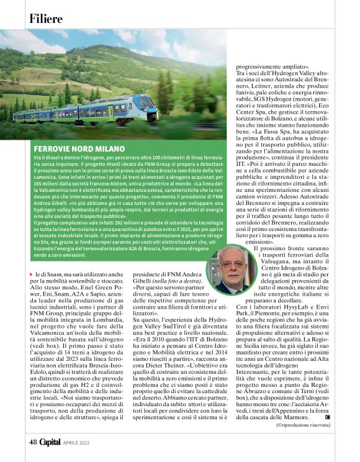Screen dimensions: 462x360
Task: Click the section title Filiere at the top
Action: (45, 19)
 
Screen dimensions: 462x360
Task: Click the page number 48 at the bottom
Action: (32, 442)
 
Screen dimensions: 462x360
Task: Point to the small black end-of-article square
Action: (327, 417)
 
